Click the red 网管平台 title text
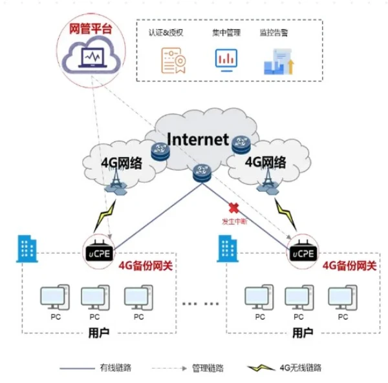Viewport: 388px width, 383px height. (91, 28)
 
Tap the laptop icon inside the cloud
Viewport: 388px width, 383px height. (92, 57)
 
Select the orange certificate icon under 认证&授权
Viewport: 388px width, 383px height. (173, 61)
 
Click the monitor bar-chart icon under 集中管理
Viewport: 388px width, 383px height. (226, 60)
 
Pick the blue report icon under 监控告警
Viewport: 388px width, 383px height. (279, 62)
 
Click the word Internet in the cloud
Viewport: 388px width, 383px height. (198, 139)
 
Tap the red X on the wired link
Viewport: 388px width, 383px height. (233, 208)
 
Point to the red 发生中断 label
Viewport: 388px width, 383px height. (234, 222)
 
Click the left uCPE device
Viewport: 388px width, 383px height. (100, 251)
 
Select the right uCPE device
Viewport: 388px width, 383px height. (303, 251)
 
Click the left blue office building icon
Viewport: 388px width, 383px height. (27, 248)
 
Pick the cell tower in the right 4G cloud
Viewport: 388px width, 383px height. (268, 180)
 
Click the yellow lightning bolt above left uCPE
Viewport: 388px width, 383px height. (105, 216)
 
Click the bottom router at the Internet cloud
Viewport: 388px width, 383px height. (202, 173)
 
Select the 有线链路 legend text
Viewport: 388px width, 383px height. (115, 367)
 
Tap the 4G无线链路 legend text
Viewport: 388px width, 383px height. (301, 367)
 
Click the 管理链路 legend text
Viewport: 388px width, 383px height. (208, 368)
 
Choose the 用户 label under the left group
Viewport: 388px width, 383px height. (99, 333)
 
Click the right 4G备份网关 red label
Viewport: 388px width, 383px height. (349, 266)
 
